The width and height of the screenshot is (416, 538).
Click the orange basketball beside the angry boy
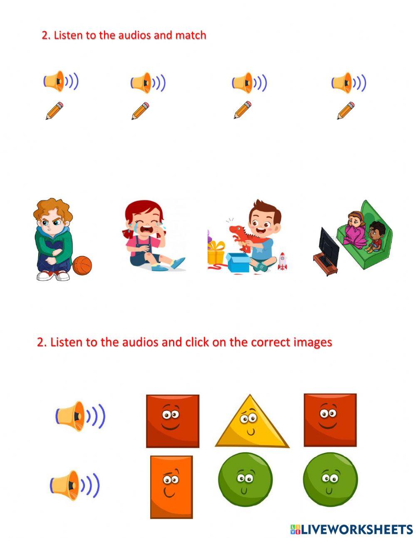coord(82,265)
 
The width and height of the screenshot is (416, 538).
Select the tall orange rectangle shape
coord(171,486)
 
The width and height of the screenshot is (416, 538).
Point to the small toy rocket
coord(282,261)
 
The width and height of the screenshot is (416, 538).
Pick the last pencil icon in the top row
coord(346,110)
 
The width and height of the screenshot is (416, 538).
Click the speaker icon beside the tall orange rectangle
coord(74,485)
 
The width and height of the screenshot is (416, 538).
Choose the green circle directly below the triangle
coord(245,480)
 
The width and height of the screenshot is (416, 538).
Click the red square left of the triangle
coord(173,421)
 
